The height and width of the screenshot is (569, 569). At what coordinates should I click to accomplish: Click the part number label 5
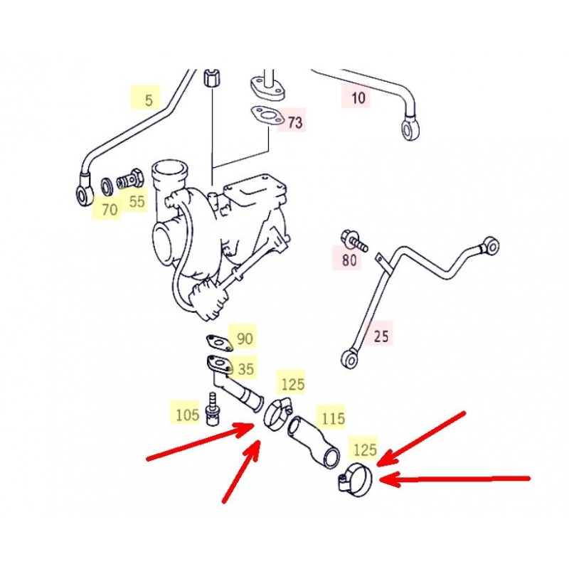tap(149, 100)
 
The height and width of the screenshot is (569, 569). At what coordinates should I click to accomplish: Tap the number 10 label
tap(358, 97)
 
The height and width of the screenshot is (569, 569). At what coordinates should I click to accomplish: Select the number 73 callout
tap(295, 122)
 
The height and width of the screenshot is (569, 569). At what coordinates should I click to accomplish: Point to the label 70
tap(110, 209)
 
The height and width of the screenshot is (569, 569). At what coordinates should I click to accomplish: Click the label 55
tap(137, 201)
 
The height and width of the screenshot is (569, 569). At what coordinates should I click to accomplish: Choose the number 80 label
tap(349, 260)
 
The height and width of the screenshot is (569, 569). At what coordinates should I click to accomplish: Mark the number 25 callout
tap(381, 336)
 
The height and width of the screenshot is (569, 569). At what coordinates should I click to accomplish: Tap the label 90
tap(245, 339)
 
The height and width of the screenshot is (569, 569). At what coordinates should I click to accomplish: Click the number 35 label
tap(245, 369)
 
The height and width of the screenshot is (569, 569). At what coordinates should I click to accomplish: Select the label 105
tap(188, 415)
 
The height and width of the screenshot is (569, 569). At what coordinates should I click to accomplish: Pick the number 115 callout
tap(333, 418)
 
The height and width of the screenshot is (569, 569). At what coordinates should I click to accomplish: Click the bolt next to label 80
tap(354, 240)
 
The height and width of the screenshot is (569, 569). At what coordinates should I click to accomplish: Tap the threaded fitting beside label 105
tap(211, 408)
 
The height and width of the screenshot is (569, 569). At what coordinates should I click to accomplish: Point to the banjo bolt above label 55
tap(130, 179)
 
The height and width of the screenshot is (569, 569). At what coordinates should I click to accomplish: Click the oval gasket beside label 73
tap(267, 116)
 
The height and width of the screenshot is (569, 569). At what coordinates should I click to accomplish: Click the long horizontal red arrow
tap(454, 479)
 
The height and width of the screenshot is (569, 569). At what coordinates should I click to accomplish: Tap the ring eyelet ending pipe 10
tap(410, 128)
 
